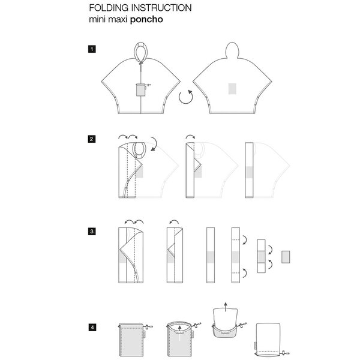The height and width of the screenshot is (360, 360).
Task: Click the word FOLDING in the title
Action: [109, 8]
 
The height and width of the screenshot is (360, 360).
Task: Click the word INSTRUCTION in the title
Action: [161, 8]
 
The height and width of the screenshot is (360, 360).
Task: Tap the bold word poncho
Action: [146, 20]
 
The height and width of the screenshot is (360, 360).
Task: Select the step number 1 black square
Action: [92, 49]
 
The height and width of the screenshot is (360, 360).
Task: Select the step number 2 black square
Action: [92, 139]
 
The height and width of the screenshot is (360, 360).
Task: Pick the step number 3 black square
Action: [92, 231]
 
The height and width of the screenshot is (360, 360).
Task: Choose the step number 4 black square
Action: [92, 327]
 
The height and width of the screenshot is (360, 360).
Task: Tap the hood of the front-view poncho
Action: [140, 51]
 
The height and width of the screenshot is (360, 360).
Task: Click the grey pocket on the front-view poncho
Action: [140, 89]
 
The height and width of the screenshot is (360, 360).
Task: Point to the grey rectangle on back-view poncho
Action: [232, 89]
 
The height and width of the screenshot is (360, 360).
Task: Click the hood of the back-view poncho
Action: [232, 50]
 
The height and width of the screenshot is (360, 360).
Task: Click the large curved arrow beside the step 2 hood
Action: [155, 143]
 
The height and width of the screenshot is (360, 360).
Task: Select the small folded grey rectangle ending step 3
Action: [286, 257]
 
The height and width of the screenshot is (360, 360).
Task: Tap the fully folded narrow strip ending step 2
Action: [249, 170]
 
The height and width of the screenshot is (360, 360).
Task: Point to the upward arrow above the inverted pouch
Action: [226, 307]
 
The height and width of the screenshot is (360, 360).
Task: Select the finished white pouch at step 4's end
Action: [268, 340]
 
